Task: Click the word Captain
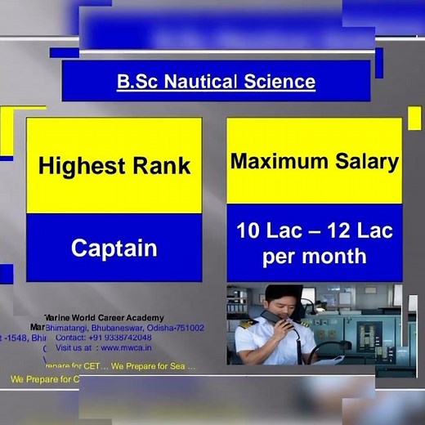pyautogui.click(x=114, y=248)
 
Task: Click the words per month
pyautogui.click(x=314, y=257)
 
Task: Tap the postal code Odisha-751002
pyautogui.click(x=175, y=328)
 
